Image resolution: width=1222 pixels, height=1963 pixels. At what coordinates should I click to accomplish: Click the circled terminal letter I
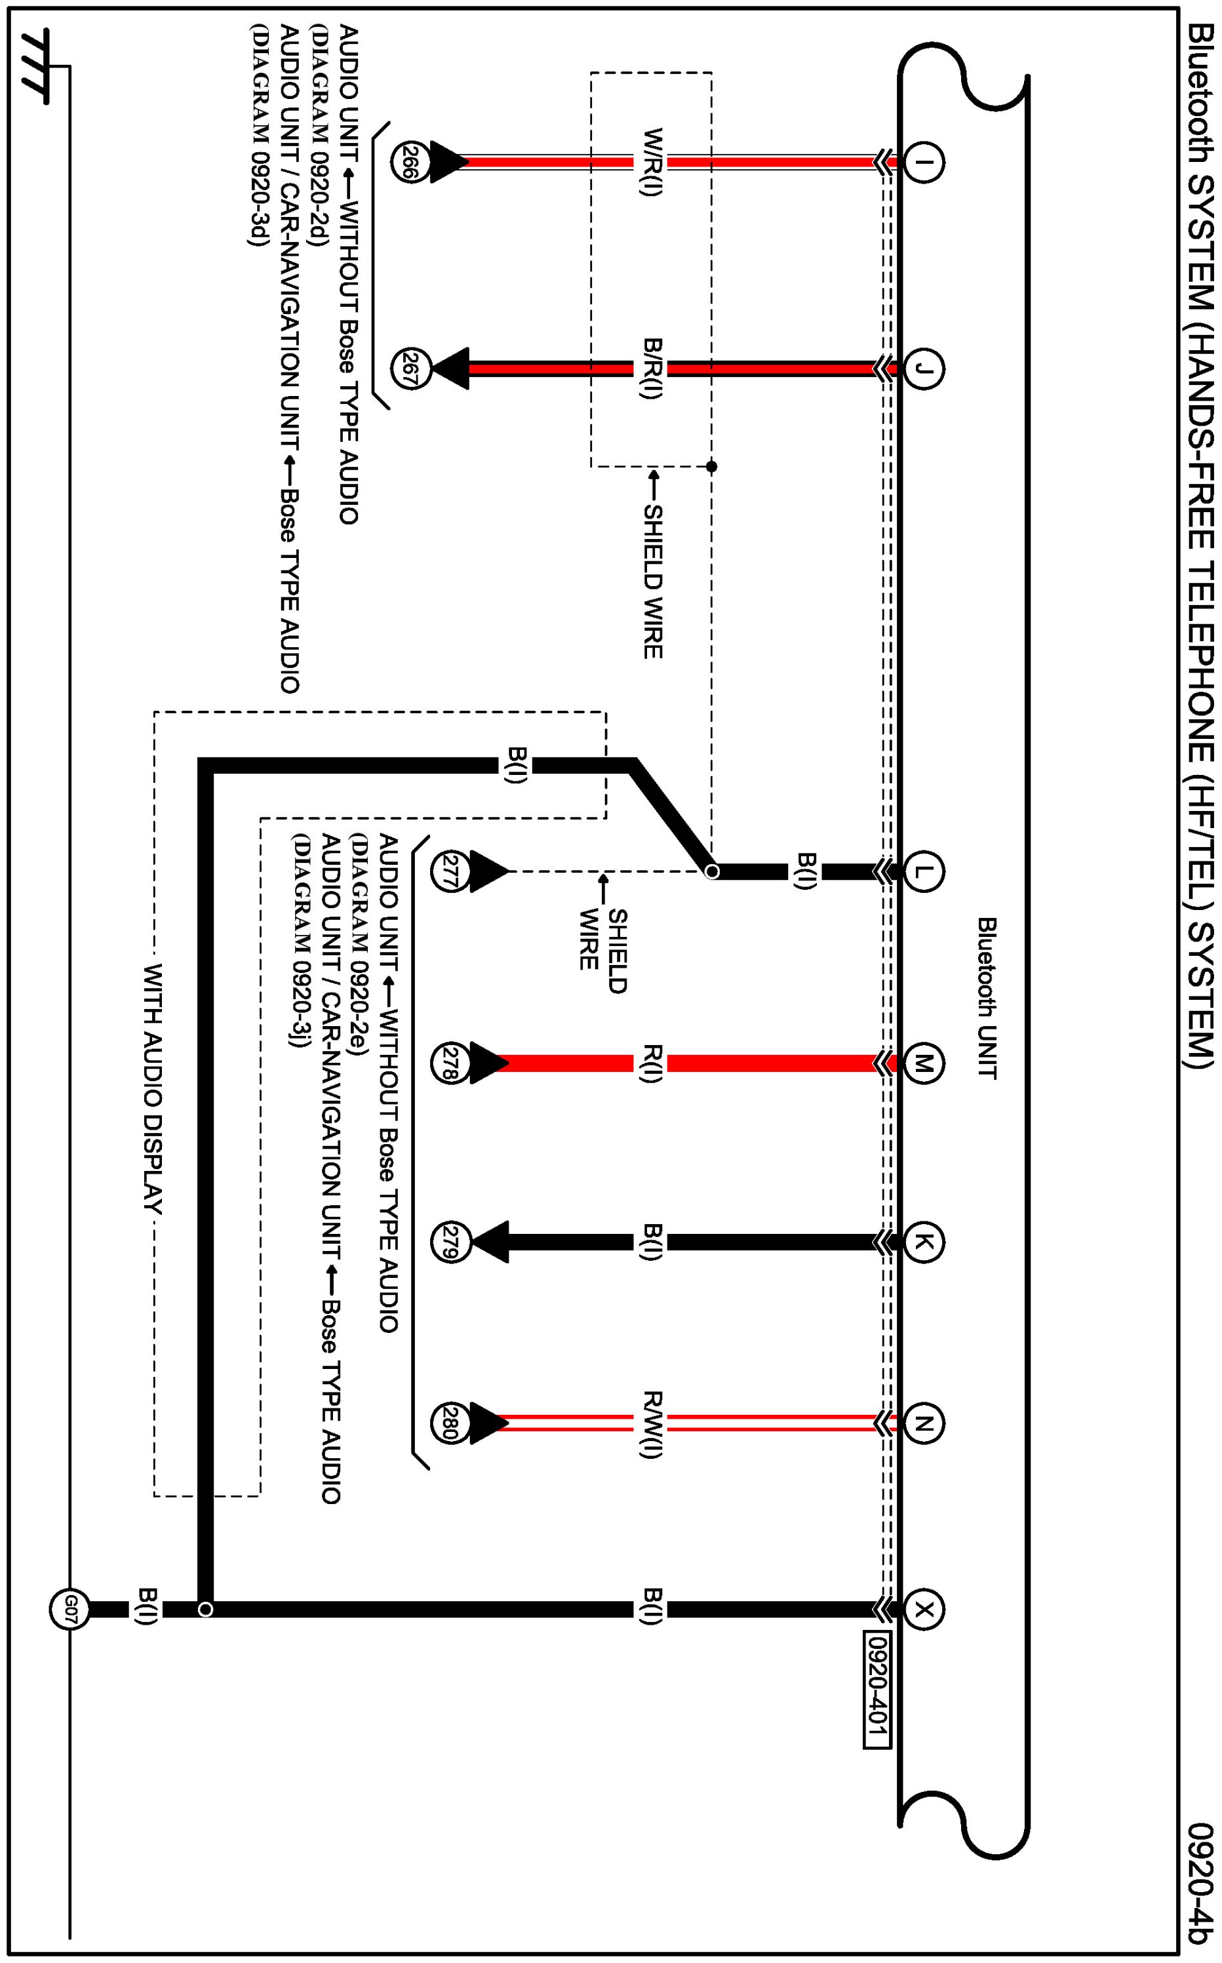[923, 162]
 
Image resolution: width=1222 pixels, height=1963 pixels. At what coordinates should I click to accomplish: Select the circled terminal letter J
[923, 369]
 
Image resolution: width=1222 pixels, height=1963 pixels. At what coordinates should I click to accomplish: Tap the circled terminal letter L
[923, 871]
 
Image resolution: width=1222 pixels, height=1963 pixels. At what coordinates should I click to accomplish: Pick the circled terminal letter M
[923, 1063]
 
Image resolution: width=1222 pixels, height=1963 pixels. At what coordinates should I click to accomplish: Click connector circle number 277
[450, 871]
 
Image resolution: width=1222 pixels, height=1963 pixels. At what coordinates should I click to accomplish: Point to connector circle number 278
[450, 1063]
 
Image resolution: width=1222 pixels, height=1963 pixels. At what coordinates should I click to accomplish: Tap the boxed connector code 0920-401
[877, 1688]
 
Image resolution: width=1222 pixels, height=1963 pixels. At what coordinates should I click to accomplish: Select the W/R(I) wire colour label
[652, 162]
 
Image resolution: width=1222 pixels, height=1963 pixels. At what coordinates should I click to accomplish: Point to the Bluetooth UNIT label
[987, 997]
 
